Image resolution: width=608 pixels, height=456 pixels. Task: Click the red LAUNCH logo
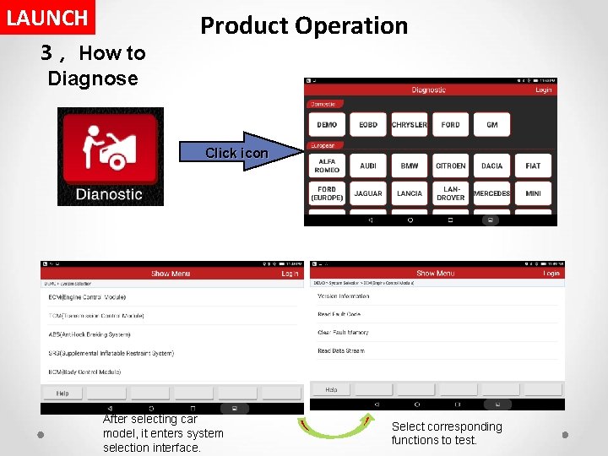(x=47, y=17)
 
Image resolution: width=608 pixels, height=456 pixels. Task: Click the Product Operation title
(x=304, y=25)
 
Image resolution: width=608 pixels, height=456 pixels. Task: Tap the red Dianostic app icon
(x=110, y=158)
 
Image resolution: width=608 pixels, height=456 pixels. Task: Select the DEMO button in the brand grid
(x=327, y=125)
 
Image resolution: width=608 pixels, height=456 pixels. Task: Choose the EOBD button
(x=368, y=125)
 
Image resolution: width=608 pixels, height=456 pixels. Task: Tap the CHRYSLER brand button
(x=410, y=125)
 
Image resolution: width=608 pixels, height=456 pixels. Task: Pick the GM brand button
(x=491, y=125)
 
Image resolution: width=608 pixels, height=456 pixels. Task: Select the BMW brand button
(x=410, y=166)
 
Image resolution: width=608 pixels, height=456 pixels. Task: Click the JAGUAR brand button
(x=368, y=193)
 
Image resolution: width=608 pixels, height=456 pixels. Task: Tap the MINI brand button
(x=533, y=193)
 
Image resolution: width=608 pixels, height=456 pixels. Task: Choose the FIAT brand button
(x=533, y=166)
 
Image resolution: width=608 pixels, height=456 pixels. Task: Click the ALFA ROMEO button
(x=327, y=166)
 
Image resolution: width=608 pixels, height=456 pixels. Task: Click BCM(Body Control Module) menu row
(x=85, y=372)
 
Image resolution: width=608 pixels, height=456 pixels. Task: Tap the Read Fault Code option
(x=339, y=314)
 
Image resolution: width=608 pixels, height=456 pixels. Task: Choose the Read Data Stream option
(x=340, y=351)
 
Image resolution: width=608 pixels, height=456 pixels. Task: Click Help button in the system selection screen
(x=62, y=394)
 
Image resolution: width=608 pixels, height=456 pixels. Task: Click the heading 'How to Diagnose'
(x=93, y=66)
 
